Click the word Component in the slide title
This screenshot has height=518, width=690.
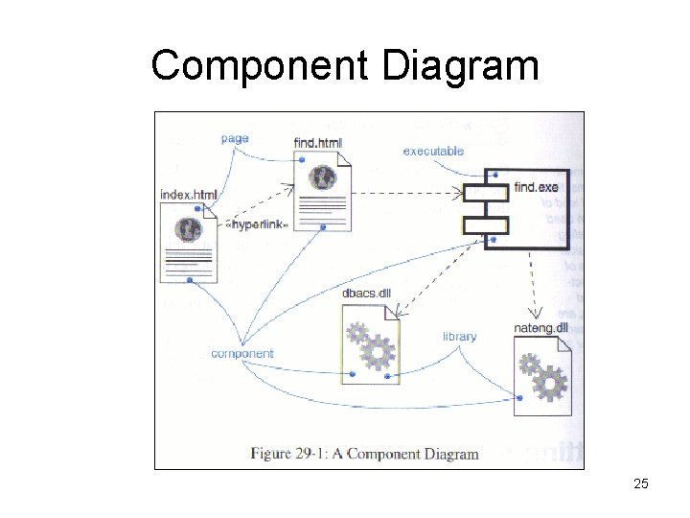259,66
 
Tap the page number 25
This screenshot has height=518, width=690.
641,483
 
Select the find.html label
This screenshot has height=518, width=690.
317,143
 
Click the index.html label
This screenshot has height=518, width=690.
189,195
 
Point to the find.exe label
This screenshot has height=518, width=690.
536,186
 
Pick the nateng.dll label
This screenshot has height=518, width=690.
541,327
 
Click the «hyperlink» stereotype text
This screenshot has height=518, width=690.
257,224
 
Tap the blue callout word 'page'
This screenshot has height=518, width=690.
235,138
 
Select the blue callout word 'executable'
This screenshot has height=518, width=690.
433,151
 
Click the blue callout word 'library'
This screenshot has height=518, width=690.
459,337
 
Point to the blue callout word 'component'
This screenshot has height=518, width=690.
241,354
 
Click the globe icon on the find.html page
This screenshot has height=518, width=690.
323,177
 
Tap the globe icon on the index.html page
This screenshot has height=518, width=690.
188,228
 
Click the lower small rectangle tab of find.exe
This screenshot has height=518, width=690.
484,224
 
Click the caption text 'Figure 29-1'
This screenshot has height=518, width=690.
287,453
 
